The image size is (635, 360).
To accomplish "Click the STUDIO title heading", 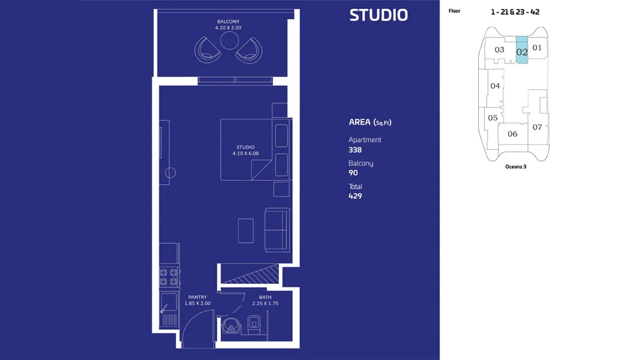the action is (x=378, y=15).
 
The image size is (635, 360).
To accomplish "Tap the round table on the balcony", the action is (x=230, y=41).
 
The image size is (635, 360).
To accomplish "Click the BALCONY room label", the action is (x=228, y=22).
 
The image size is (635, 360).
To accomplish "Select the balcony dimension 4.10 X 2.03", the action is (x=228, y=27).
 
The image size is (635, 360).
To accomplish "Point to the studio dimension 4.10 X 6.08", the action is (x=245, y=154).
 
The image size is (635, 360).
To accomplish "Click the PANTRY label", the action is (x=197, y=297).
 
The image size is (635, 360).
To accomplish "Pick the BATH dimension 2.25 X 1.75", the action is (x=265, y=303).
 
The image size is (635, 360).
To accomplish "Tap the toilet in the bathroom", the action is (x=254, y=324).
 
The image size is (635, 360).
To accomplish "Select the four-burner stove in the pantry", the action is (x=169, y=277).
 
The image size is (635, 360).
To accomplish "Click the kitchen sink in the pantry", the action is (x=169, y=302).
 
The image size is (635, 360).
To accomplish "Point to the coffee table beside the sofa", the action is (x=246, y=231).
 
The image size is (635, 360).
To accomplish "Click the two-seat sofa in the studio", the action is (x=277, y=230).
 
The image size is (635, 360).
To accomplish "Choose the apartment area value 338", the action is (x=355, y=150).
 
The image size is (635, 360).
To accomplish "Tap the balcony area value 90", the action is (x=353, y=173).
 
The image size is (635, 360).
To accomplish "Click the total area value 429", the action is (x=355, y=196).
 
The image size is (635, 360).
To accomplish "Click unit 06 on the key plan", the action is (x=512, y=133).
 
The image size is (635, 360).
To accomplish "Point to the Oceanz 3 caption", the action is (x=516, y=166).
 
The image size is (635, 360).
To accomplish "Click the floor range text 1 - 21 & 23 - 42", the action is (x=515, y=11).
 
